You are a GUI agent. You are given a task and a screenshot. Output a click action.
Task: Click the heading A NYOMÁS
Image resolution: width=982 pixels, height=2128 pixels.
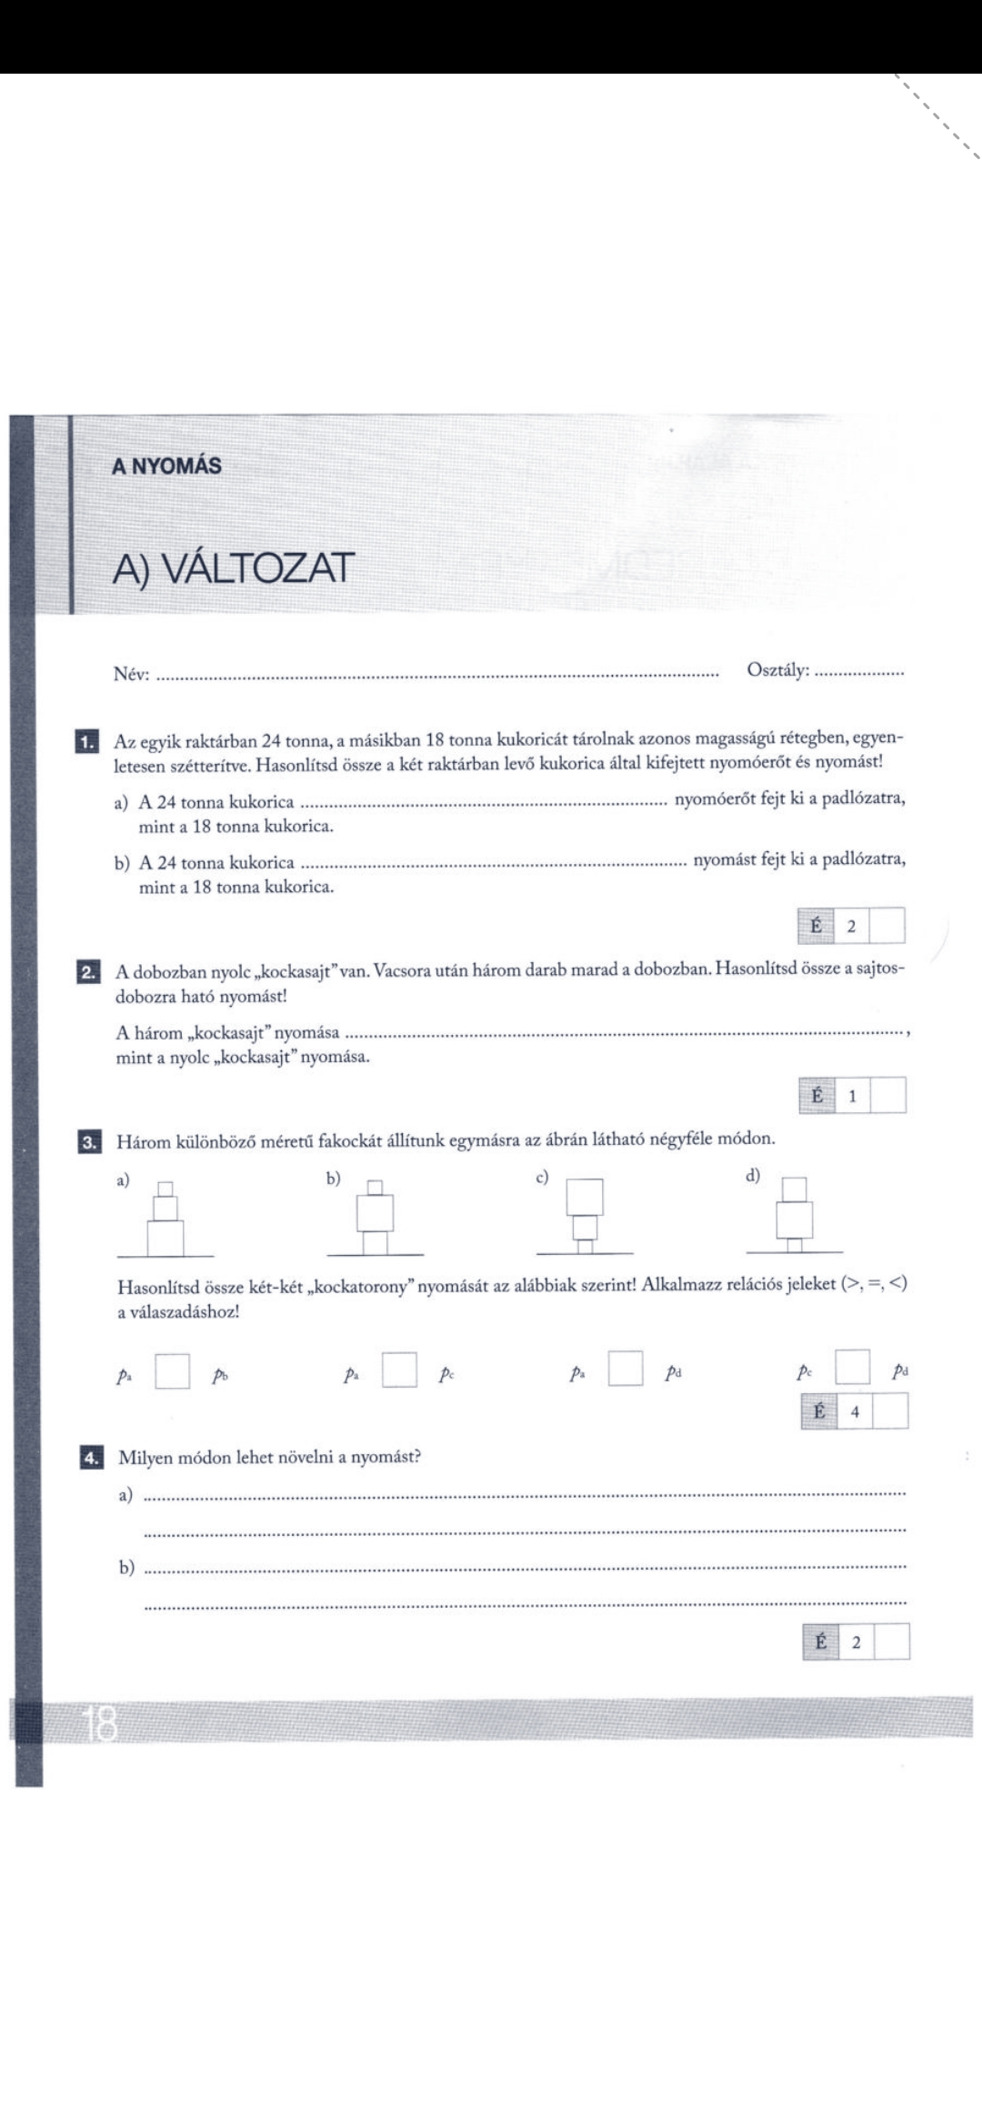pos(166,467)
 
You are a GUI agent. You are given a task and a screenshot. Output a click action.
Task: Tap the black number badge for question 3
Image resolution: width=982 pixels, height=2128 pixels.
pos(89,1142)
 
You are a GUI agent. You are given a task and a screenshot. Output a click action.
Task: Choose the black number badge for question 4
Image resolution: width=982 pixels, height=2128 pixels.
pos(91,1459)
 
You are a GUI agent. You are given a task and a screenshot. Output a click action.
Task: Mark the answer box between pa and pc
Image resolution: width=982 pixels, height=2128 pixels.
pos(399,1370)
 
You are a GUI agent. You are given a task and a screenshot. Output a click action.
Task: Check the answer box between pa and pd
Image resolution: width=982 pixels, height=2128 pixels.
pos(626,1369)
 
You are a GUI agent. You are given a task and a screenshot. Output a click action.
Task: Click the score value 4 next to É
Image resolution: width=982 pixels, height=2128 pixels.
pos(855,1412)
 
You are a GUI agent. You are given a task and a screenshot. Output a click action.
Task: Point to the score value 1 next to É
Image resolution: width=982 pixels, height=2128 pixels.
pos(852,1097)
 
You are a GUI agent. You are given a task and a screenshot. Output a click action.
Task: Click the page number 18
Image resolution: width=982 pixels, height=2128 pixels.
pos(100,1724)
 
